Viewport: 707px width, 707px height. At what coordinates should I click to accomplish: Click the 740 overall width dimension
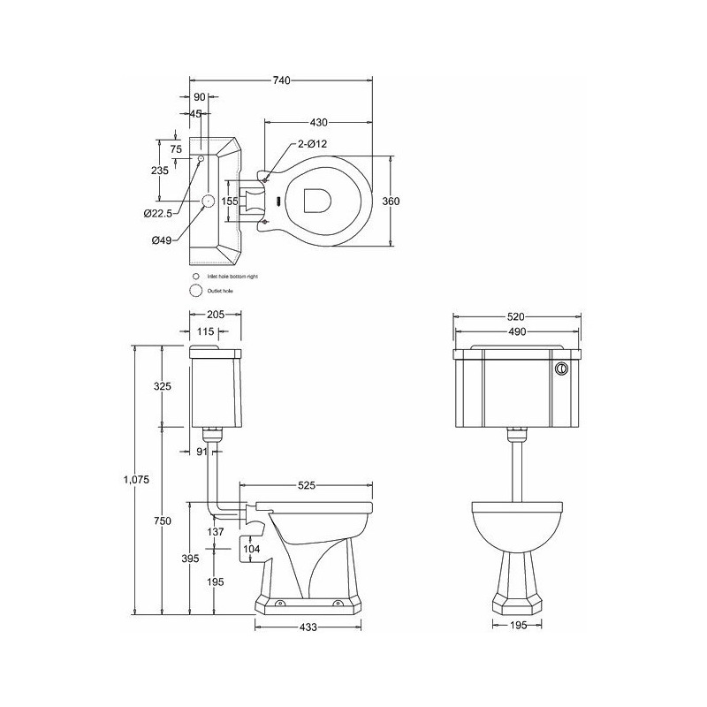[x=281, y=80]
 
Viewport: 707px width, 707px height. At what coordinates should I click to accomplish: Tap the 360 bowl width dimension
[x=391, y=201]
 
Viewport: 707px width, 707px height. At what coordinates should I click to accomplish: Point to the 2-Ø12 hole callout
[x=312, y=144]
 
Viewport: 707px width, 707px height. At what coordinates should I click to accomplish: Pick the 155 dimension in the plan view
[x=230, y=201]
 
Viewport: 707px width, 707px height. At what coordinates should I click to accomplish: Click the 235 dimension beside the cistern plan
[x=160, y=171]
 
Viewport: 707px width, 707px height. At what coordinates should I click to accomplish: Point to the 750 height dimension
[x=162, y=521]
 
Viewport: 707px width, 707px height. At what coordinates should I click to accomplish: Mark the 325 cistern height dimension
[x=162, y=386]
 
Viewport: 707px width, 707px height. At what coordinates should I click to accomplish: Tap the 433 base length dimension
[x=309, y=627]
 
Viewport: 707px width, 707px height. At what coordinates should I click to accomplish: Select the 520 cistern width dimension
[x=517, y=315]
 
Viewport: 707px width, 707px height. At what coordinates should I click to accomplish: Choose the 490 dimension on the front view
[x=517, y=332]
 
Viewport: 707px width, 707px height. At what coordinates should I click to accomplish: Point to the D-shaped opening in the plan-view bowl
[x=315, y=201]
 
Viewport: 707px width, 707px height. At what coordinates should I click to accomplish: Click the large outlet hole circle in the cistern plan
[x=209, y=201]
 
